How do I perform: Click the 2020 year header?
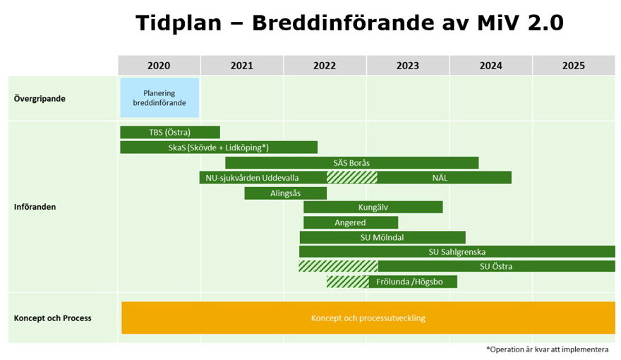pos(159,66)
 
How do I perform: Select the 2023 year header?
pos(408,66)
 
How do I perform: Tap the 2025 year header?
pos(574,66)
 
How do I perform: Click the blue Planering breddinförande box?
pos(159,97)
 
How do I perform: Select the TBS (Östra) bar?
pos(170,132)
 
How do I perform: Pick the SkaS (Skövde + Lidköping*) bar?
pos(219,148)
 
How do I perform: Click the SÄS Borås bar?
pos(351,162)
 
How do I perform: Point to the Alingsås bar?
pos(286,193)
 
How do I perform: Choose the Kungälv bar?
pos(373,207)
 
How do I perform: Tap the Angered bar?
pos(350,222)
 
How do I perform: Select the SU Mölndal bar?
pos(382,237)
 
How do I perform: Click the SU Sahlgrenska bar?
pos(457,251)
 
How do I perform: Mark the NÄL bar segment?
pos(444,177)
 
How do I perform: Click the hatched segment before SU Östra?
pos(338,266)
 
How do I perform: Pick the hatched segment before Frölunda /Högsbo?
pos(347,282)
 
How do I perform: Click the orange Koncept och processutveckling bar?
pos(368,318)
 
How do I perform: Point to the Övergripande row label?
pos(40,98)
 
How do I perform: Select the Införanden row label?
pos(35,207)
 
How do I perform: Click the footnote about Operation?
pos(547,349)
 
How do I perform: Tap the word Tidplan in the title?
pos(178,23)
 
